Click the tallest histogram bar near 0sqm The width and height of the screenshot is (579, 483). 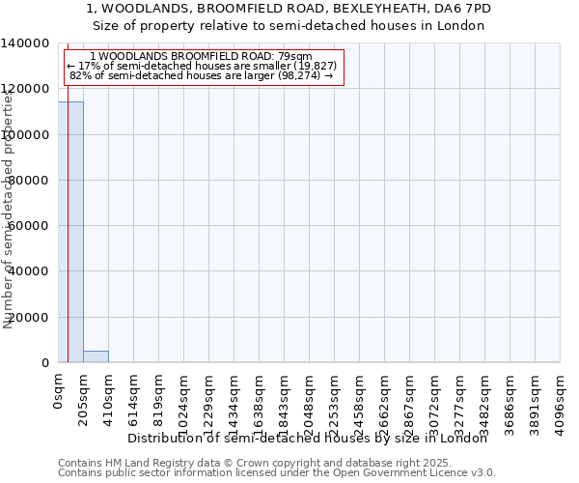tap(70, 232)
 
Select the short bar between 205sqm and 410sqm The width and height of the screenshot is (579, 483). tap(96, 356)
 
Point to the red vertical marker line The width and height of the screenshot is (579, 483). tap(68, 241)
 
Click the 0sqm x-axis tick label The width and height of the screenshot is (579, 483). tap(59, 391)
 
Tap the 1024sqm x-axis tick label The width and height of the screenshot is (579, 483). tap(184, 398)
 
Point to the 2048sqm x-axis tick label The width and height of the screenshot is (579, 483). tap(310, 398)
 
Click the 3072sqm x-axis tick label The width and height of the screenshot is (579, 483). tap(435, 398)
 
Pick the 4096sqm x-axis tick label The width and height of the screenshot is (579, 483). tap(561, 398)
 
